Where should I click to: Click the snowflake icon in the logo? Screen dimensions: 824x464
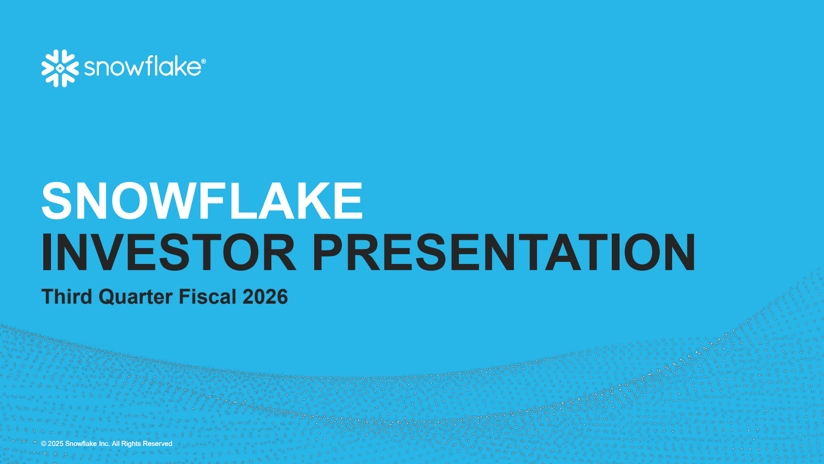[x=60, y=68]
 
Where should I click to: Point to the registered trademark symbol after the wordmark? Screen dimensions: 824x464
[x=204, y=61]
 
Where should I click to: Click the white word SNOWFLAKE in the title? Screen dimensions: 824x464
[x=202, y=201]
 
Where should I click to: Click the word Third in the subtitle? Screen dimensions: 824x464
[x=66, y=296]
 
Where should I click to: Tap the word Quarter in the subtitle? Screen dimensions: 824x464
[x=136, y=297]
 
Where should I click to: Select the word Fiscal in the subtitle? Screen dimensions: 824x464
[x=208, y=296]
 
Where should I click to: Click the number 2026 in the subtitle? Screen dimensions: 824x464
[x=265, y=296]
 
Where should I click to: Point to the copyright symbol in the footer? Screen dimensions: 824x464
[x=44, y=444]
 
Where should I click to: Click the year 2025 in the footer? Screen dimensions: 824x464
[x=56, y=444]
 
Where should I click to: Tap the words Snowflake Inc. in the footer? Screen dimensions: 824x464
[x=87, y=444]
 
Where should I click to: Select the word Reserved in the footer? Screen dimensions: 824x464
[x=158, y=444]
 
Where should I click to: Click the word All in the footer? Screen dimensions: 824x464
[x=115, y=444]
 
